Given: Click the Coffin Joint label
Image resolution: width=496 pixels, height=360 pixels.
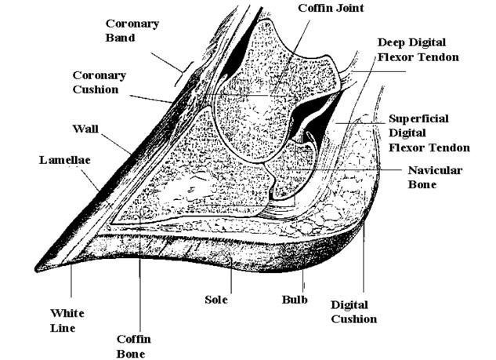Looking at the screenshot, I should pos(331,9).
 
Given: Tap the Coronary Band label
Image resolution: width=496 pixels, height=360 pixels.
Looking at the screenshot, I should pos(132,31).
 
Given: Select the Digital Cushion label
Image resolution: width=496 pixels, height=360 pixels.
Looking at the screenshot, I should pos(353,311).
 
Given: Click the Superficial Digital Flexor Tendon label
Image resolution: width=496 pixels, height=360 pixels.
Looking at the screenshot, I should pos(429,133).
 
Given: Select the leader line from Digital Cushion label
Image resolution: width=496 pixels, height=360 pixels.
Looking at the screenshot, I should pos(364,259).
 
